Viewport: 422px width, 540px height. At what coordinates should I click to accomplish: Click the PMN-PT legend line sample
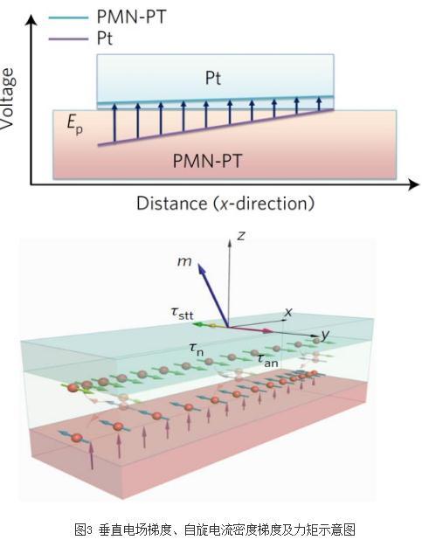click(68, 17)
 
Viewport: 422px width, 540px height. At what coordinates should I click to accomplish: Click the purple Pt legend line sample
click(68, 39)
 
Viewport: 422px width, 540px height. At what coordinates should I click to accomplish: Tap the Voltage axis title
click(8, 99)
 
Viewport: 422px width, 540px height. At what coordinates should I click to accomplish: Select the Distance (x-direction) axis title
click(225, 204)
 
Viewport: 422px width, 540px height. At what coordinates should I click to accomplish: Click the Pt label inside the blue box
click(213, 78)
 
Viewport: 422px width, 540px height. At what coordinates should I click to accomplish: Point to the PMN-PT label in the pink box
click(207, 161)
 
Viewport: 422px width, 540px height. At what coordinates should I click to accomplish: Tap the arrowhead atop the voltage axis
click(31, 19)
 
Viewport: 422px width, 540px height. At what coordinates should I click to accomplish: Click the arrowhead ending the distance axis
click(414, 184)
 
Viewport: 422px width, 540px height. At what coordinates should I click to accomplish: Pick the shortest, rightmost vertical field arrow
click(319, 104)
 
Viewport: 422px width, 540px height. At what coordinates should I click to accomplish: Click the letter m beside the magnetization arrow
click(184, 261)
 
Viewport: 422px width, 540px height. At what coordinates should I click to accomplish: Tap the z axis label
click(241, 236)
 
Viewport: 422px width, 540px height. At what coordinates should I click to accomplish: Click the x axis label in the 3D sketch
click(288, 312)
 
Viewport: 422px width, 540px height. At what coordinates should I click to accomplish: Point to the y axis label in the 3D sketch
click(326, 335)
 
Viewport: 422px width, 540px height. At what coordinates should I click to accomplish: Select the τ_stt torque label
click(183, 313)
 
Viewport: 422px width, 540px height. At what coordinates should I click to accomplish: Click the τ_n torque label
click(197, 350)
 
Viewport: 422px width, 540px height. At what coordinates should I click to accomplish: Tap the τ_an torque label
click(268, 360)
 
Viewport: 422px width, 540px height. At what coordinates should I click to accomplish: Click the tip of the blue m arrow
click(199, 264)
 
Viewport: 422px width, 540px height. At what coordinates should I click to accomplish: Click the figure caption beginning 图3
click(215, 529)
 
